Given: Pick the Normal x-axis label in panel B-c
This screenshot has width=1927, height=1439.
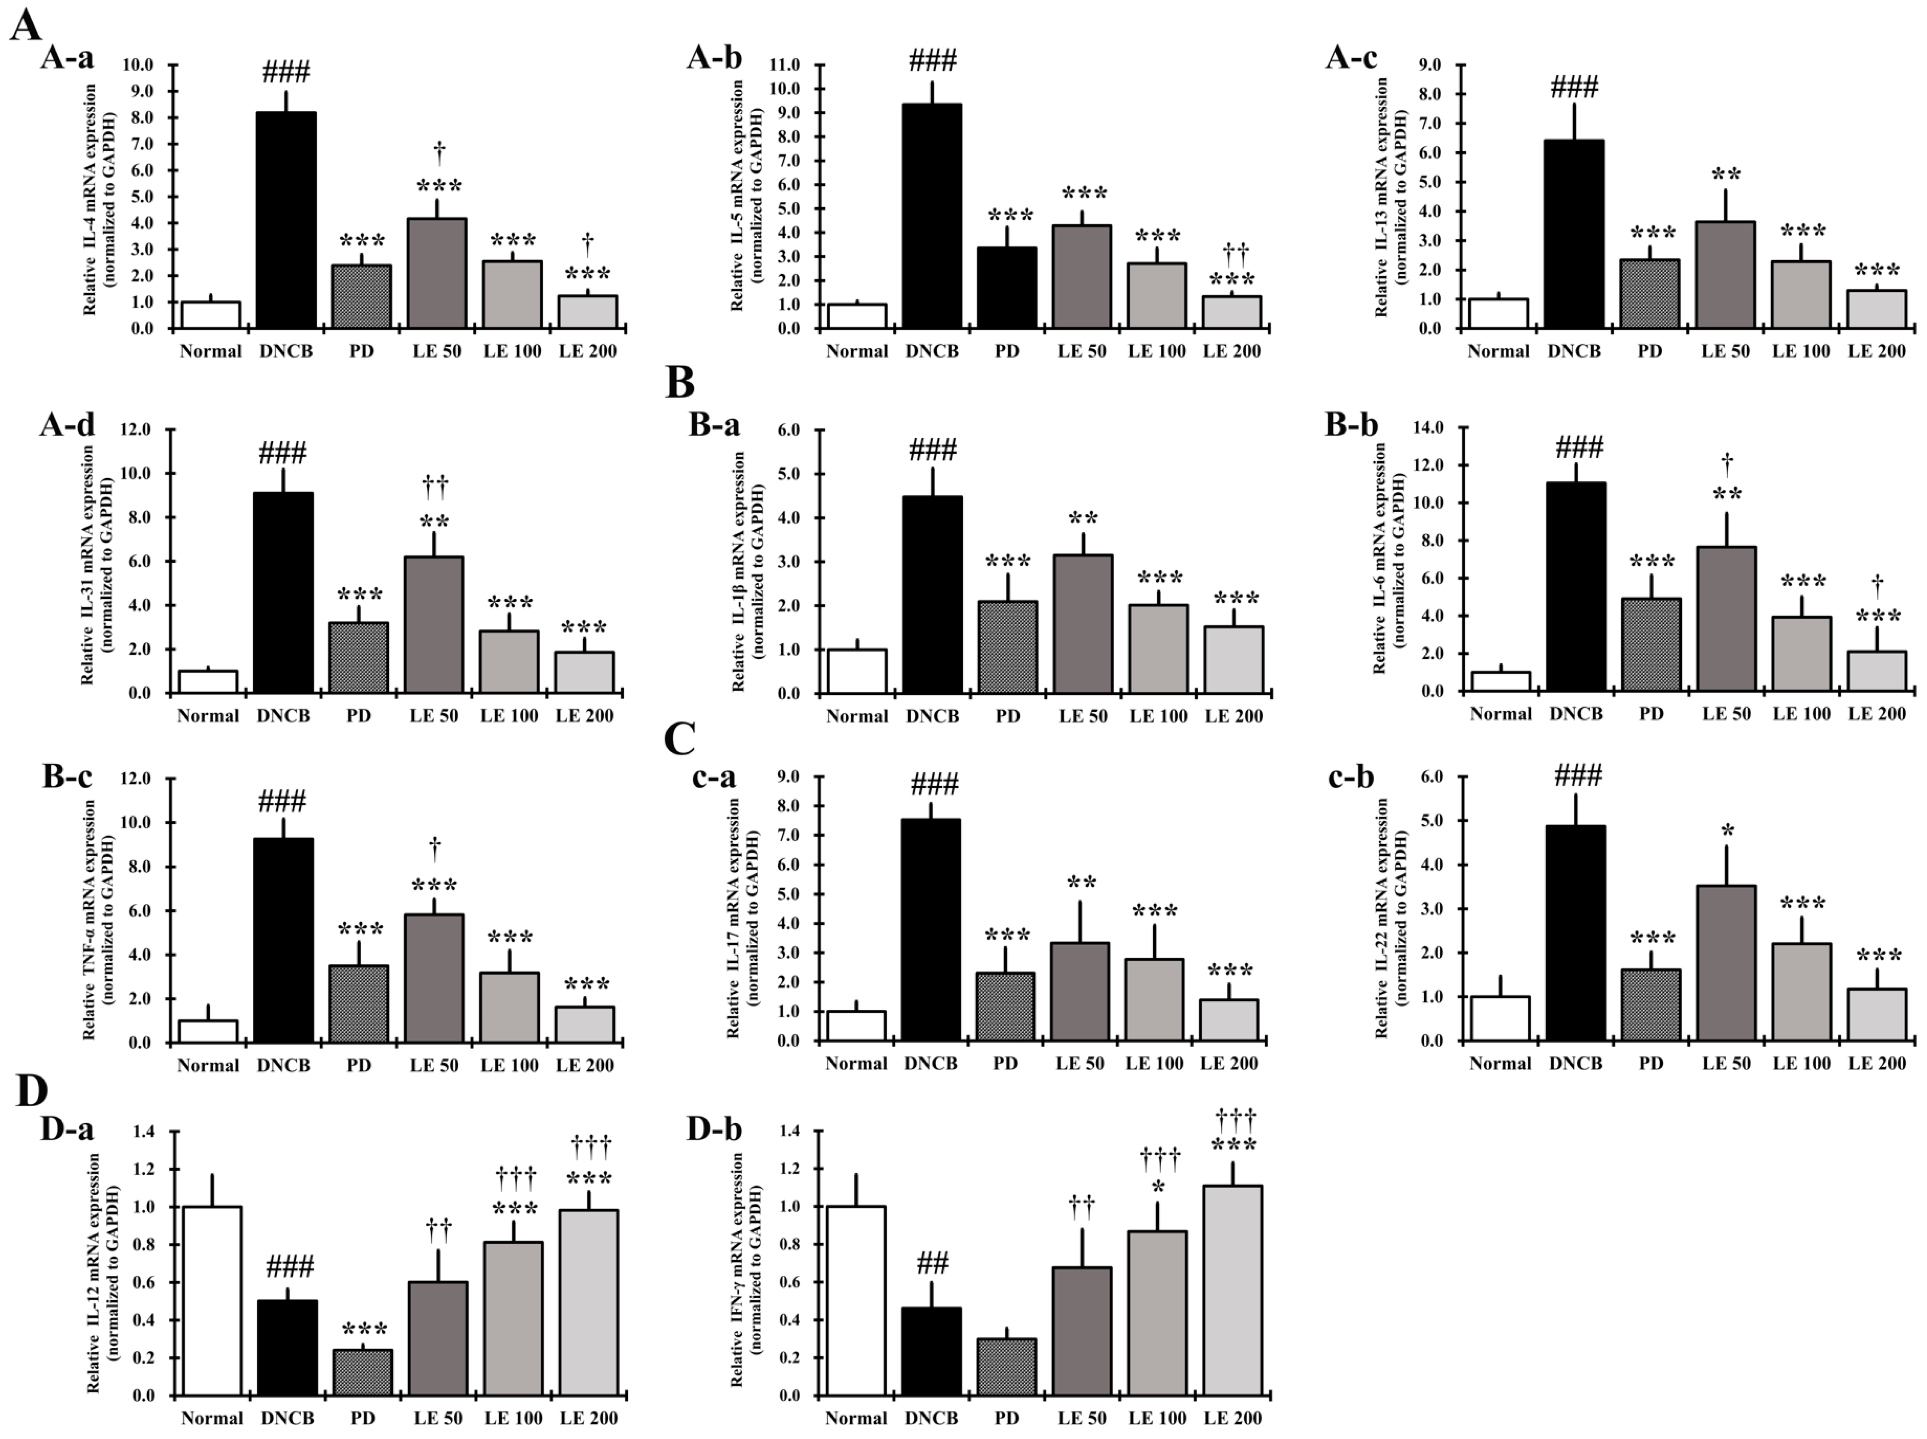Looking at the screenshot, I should click(208, 1065).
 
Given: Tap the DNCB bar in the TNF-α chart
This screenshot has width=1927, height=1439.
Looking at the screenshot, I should click(283, 941).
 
